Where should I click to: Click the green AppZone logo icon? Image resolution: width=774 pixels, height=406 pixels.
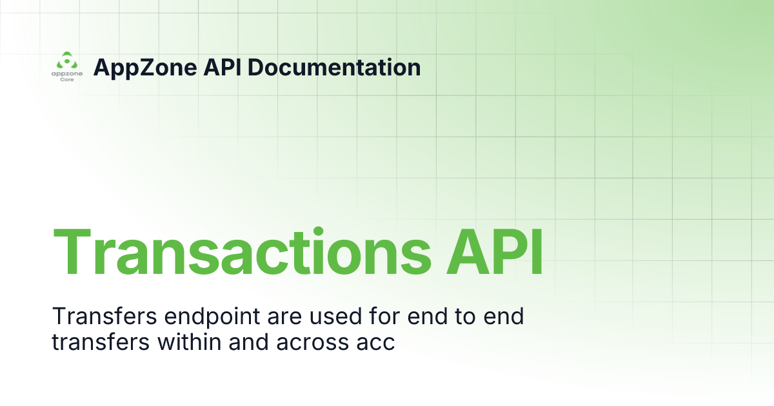pyautogui.click(x=65, y=61)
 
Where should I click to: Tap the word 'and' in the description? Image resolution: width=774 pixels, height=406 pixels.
pyautogui.click(x=236, y=342)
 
